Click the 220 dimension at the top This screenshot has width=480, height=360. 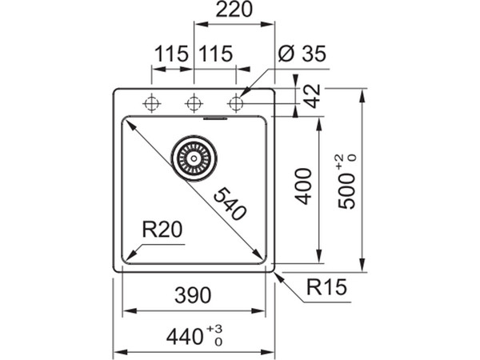tap(234, 10)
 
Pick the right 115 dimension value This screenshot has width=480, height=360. tap(214, 54)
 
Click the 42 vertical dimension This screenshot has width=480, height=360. tap(313, 97)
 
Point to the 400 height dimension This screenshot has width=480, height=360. tap(303, 186)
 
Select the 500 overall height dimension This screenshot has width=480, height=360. tap(346, 190)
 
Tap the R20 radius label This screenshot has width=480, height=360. tap(162, 230)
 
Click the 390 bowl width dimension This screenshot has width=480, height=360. tap(192, 295)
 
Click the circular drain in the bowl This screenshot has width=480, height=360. tap(193, 156)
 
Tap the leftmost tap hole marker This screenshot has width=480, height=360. tap(151, 102)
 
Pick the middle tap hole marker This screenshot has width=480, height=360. tap(193, 102)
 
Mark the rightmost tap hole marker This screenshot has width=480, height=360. tap(235, 102)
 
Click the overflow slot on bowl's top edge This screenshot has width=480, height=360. tap(215, 120)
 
